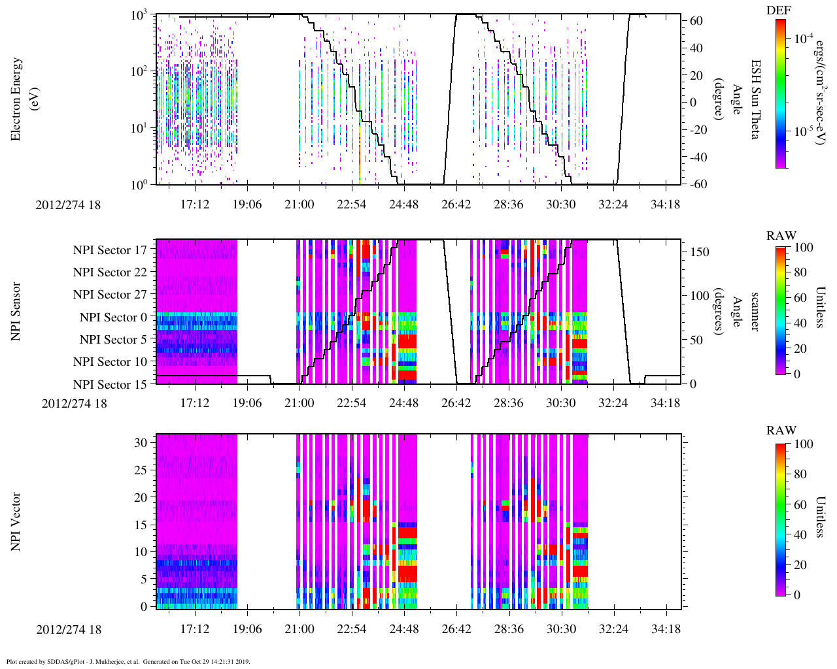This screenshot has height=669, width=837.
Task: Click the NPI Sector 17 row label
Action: tap(110, 250)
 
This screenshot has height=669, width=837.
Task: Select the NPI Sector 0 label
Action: tap(113, 318)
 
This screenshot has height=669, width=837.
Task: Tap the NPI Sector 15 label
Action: tap(110, 384)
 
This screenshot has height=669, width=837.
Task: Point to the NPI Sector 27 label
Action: tap(110, 295)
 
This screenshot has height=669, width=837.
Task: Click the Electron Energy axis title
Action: tap(23, 99)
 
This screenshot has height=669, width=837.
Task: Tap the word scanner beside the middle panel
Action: tap(755, 312)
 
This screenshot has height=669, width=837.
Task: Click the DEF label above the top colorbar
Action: tap(777, 10)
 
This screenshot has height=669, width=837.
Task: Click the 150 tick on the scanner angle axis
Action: tap(700, 252)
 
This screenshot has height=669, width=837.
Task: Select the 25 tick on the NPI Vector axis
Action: tap(140, 470)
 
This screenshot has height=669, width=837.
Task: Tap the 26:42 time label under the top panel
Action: tap(456, 204)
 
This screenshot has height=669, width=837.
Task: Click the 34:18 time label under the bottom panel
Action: tap(665, 629)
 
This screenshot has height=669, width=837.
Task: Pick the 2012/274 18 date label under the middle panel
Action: tap(74, 403)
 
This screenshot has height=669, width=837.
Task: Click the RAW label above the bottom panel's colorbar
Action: tap(781, 431)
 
